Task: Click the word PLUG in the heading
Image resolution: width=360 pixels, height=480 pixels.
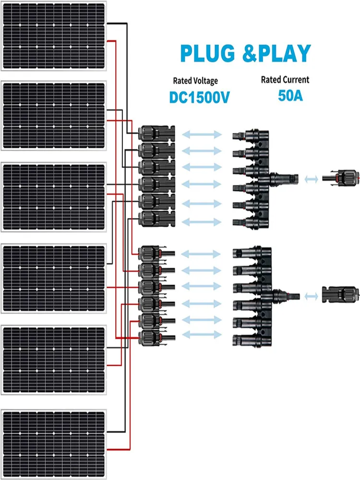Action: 207,54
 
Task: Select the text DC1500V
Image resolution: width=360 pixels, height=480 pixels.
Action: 200,97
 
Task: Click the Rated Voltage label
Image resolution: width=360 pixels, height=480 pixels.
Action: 195,81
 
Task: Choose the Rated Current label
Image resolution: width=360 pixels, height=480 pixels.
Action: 285,80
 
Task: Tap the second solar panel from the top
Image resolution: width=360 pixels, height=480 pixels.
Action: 54,116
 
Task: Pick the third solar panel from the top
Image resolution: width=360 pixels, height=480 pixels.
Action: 54,197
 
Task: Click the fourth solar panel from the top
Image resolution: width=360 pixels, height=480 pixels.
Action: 54,278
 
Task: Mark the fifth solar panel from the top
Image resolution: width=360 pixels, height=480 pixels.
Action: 54,360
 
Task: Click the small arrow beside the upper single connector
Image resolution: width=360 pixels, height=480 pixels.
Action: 311,179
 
